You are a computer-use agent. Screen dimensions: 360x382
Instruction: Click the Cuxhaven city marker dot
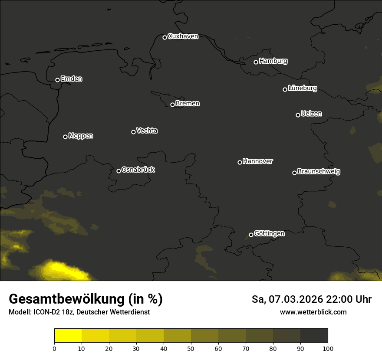pos(165,37)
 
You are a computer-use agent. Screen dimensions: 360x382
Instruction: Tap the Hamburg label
pos(273,61)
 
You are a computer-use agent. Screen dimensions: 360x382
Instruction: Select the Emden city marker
pos(57,80)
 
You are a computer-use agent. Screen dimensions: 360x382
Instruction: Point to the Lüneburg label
pos(302,88)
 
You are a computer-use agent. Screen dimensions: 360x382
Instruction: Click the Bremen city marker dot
pos(172,105)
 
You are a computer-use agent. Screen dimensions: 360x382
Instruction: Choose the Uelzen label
pos(311,114)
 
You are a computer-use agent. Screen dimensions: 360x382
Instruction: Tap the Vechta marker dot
pos(133,132)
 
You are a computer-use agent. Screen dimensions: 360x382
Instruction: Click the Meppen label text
pos(81,136)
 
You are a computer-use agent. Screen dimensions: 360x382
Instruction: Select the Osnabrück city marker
pos(119,171)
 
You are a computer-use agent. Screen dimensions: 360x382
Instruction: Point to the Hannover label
pos(258,161)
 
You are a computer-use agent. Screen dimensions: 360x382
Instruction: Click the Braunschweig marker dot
pos(294,173)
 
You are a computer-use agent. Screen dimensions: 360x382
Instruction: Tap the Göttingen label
pos(269,234)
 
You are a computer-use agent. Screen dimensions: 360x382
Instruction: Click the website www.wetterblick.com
pos(313,312)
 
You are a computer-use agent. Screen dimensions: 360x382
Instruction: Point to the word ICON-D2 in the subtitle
pos(46,312)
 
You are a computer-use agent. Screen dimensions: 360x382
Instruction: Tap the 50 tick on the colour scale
pos(191,348)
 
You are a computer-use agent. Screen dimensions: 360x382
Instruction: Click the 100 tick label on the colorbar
pos(328,348)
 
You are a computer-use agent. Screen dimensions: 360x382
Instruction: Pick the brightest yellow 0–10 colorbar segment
pos(68,336)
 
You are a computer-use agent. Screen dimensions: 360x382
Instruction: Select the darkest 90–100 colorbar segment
pos(314,336)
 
